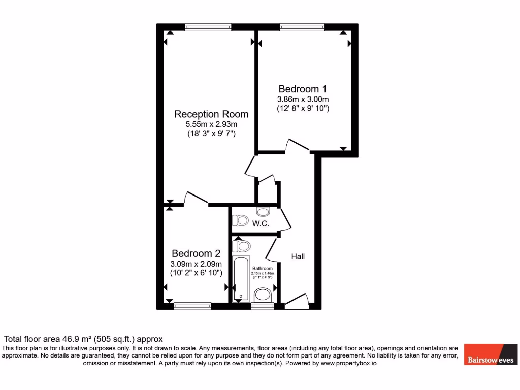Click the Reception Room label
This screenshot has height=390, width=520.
click(211, 114)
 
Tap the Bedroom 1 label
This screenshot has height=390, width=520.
click(303, 89)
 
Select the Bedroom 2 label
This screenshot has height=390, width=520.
click(196, 253)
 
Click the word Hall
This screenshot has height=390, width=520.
click(298, 257)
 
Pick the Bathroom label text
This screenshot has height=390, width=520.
click(263, 268)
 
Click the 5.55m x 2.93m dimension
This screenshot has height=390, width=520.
click(212, 124)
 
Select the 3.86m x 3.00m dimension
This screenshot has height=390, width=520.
click(303, 99)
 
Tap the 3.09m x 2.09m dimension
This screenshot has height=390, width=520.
click(196, 264)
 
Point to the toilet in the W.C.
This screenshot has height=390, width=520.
click(239, 221)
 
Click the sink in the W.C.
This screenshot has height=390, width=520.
click(264, 212)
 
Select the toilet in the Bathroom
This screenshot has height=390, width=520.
click(242, 246)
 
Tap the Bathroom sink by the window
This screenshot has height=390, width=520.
click(263, 295)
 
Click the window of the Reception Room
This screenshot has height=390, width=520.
click(208, 27)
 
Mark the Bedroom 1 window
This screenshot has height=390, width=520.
click(302, 27)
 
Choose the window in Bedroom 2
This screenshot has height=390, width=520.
click(192, 306)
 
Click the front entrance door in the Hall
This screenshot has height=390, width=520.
click(297, 302)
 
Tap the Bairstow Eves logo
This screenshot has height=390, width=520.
click(490, 354)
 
